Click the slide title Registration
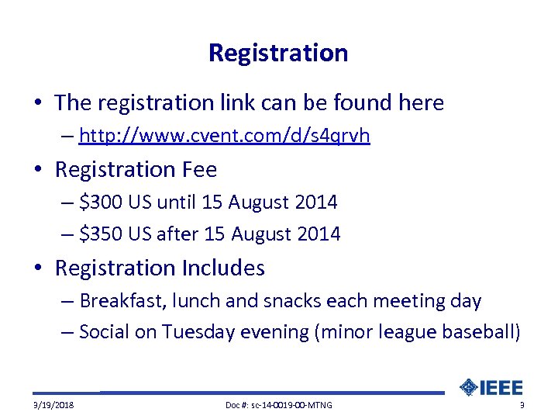pyautogui.click(x=278, y=54)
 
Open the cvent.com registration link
pyautogui.click(x=224, y=137)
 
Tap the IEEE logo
pyautogui.click(x=491, y=387)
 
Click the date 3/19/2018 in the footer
pyautogui.click(x=53, y=405)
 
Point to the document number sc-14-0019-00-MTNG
pyautogui.click(x=277, y=405)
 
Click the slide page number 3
pyautogui.click(x=522, y=405)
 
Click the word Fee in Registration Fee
pyautogui.click(x=199, y=169)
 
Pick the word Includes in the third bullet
pyautogui.click(x=223, y=268)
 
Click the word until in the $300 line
pyautogui.click(x=176, y=203)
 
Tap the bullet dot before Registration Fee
pyautogui.click(x=40, y=170)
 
